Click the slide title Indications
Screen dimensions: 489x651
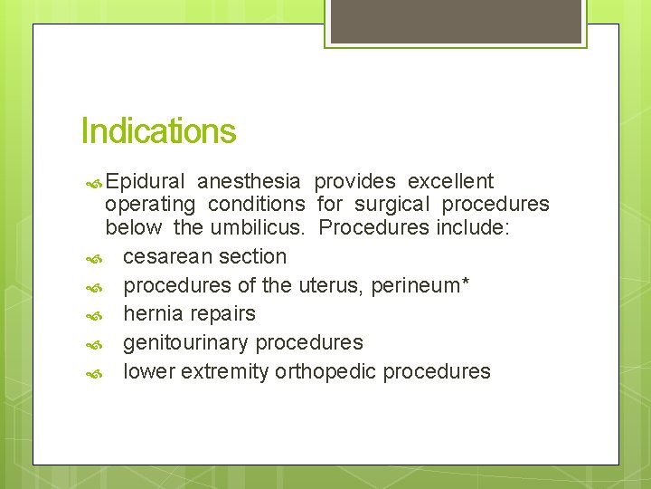tap(158, 131)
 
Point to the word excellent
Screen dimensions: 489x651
tap(451, 181)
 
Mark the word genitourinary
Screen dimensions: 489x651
tap(186, 343)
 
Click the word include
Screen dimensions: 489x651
tap(473, 227)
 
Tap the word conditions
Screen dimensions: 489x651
tap(256, 205)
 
